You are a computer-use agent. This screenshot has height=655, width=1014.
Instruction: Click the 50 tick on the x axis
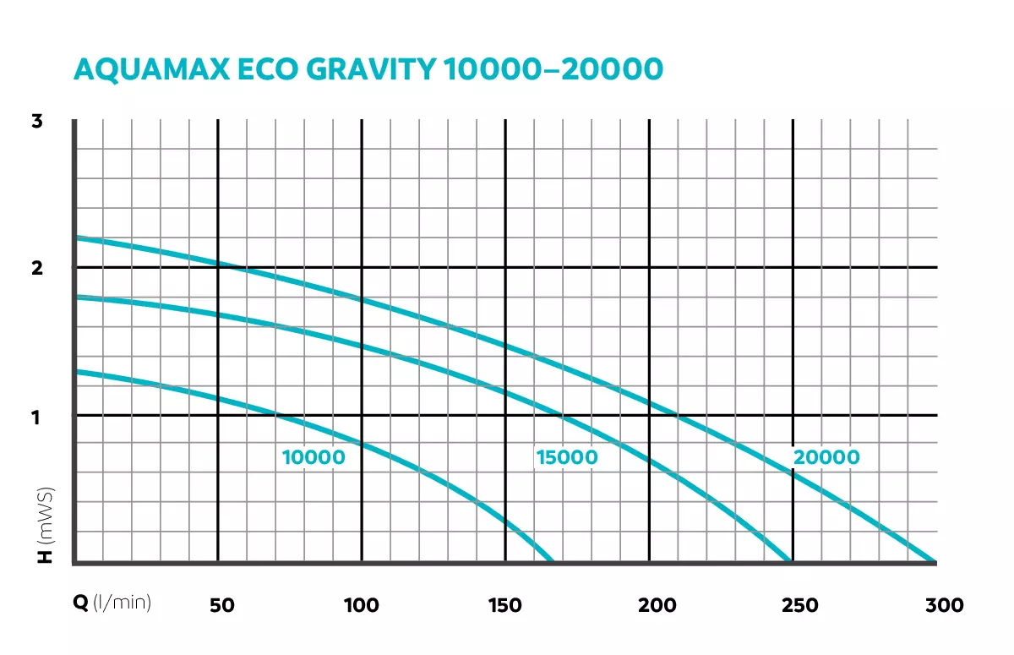coord(221,605)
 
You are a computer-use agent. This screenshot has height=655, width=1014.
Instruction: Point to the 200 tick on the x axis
coord(657,605)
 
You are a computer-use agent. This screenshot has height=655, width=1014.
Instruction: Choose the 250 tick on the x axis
coord(799,605)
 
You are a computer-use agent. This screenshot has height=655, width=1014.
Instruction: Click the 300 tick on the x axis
coord(944,605)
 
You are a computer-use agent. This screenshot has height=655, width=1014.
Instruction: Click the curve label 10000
coord(313,458)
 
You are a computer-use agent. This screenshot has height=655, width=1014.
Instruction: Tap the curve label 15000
coord(566,458)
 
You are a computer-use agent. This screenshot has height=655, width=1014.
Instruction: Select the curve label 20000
coord(826,458)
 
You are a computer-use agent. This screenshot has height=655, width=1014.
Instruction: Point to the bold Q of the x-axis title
coord(80,603)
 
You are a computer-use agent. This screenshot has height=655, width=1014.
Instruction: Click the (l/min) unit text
coord(123,603)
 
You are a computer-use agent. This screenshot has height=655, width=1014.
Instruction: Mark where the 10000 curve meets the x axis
coord(551,560)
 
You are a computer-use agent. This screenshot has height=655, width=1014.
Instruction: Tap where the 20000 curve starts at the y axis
coord(76,237)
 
